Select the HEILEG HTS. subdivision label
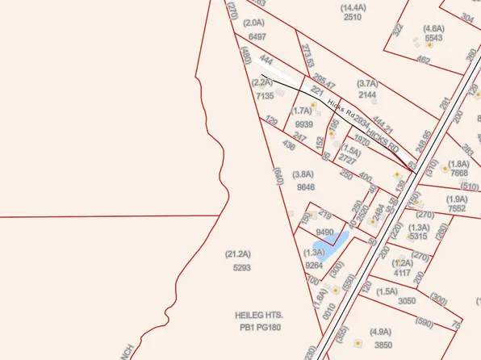pyautogui.click(x=260, y=313)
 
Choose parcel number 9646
pyautogui.click(x=305, y=186)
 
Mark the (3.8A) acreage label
pyautogui.click(x=303, y=174)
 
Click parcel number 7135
pyautogui.click(x=265, y=96)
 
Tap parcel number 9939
pyautogui.click(x=304, y=124)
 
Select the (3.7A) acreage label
pyautogui.click(x=367, y=83)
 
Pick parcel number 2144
pyautogui.click(x=367, y=94)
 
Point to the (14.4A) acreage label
pyautogui.click(x=352, y=6)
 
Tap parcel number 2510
pyautogui.click(x=352, y=17)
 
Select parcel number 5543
pyautogui.click(x=433, y=38)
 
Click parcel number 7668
pyautogui.click(x=459, y=174)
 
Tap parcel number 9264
pyautogui.click(x=314, y=264)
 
